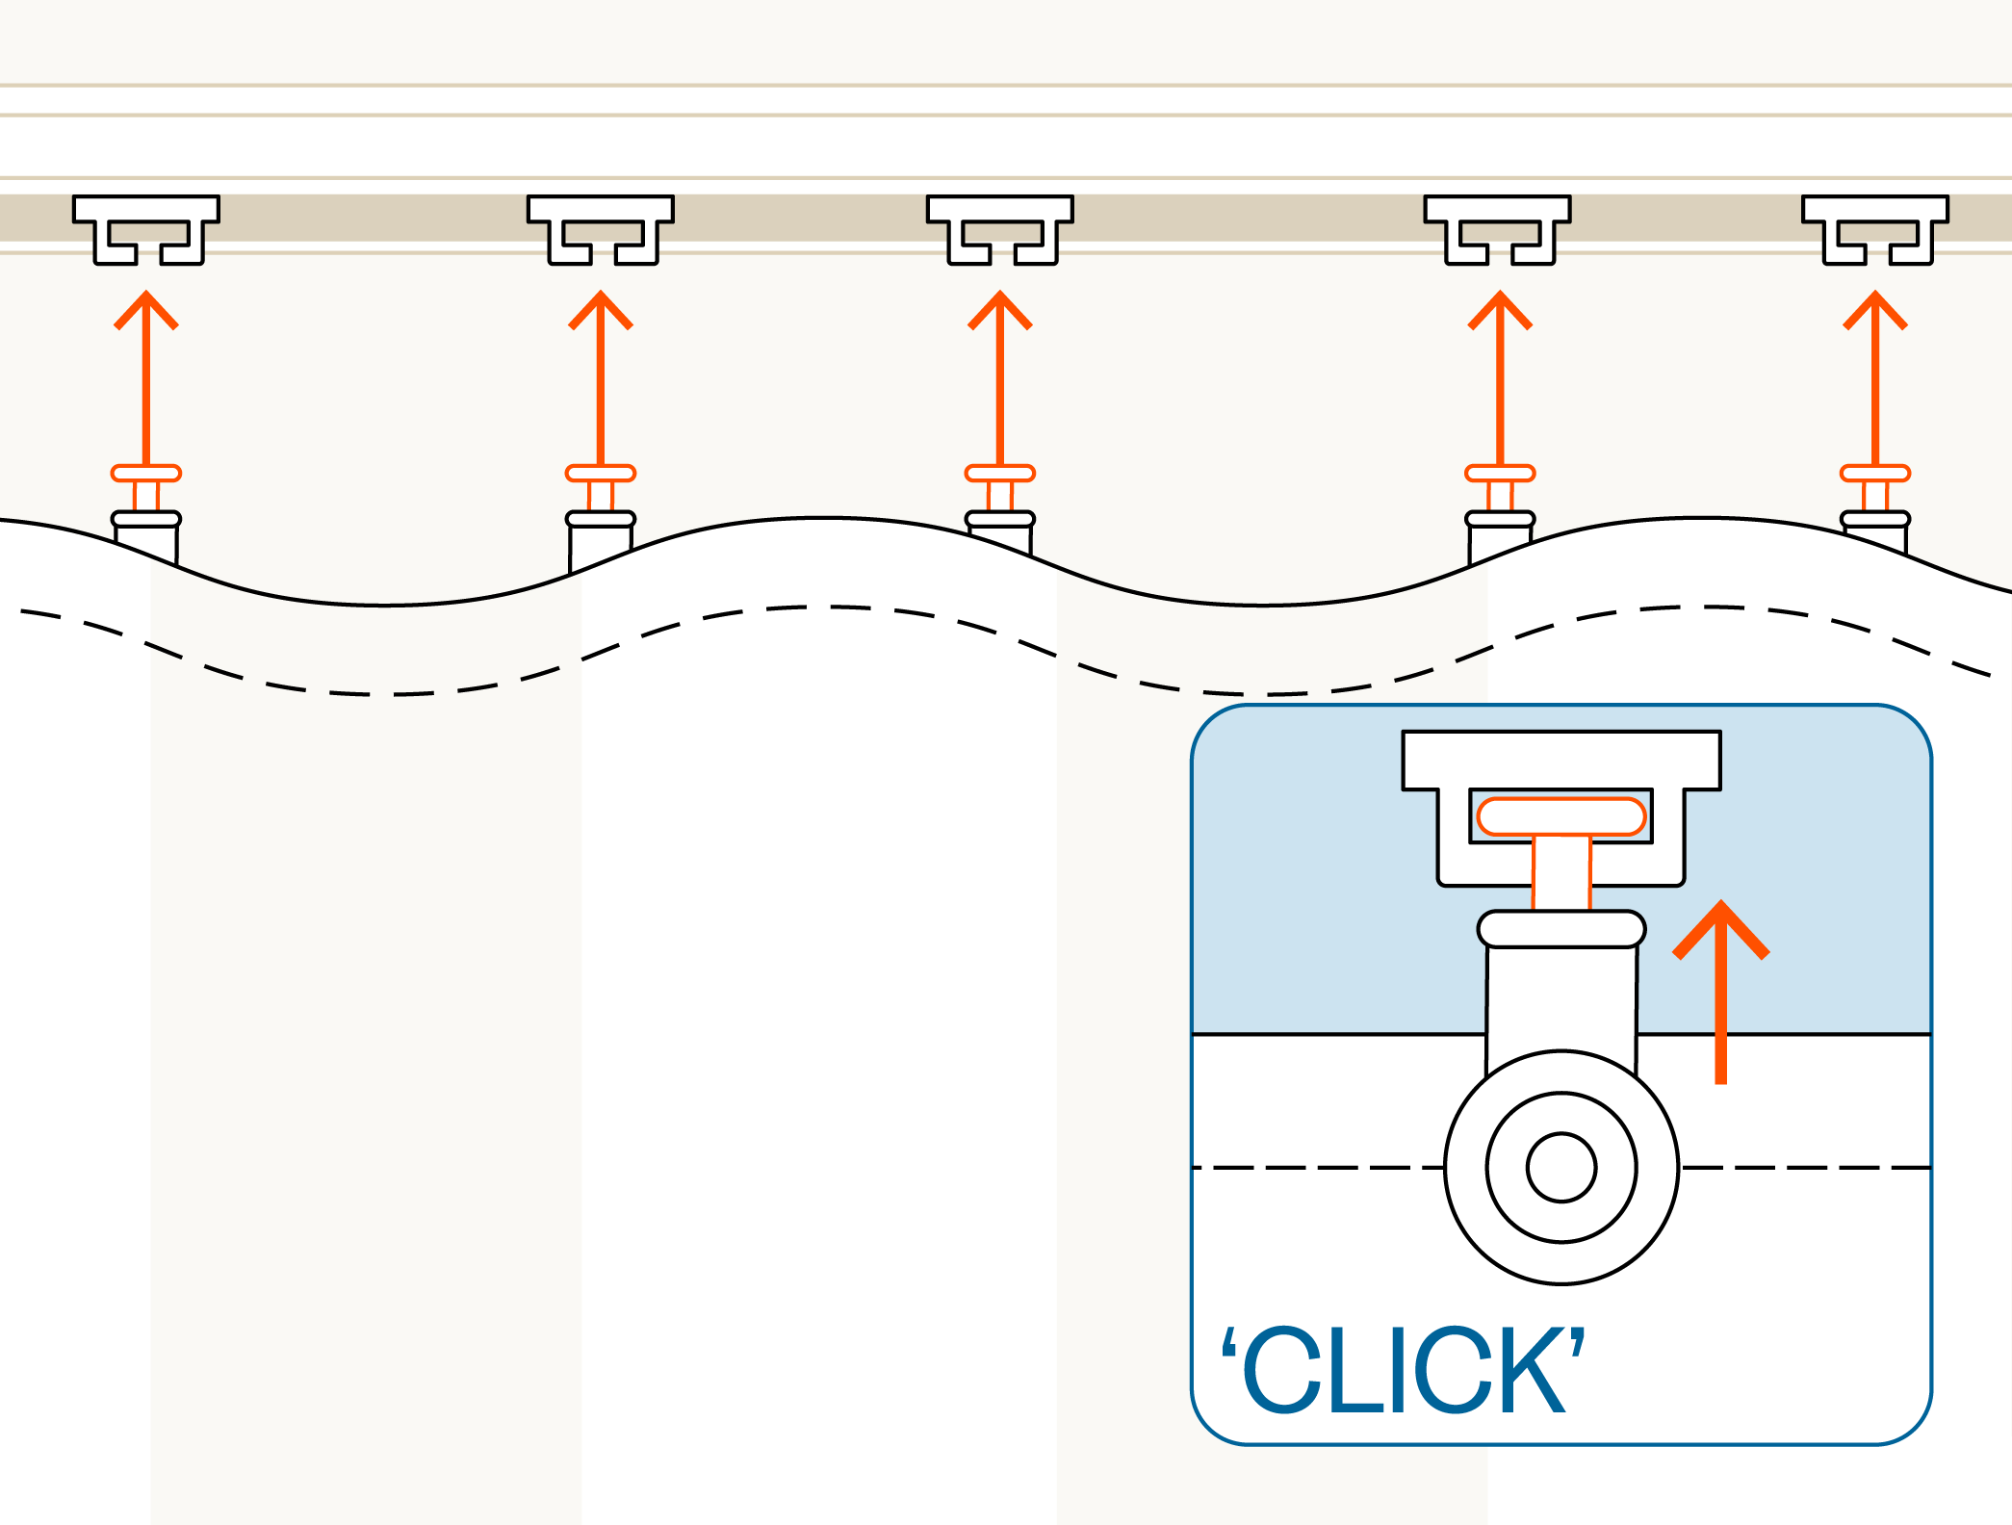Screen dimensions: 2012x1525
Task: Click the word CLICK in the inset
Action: point(1405,1369)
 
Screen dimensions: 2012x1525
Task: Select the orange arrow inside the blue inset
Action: point(1721,992)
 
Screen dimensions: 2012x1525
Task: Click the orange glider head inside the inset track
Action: point(1561,816)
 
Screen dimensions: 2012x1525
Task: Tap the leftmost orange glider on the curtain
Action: point(146,474)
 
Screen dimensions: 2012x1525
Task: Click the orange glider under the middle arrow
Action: point(1000,474)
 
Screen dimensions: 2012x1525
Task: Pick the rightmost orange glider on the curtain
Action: point(1875,474)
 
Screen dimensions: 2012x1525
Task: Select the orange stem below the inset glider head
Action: point(1561,872)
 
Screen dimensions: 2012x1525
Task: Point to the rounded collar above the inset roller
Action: point(1561,929)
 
